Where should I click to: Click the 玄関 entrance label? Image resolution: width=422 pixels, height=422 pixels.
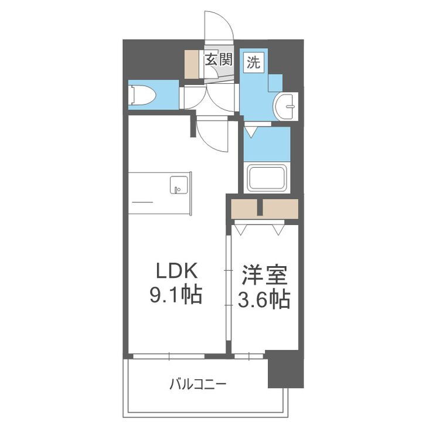tap(218, 59)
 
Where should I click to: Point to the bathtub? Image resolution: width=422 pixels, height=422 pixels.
tap(267, 178)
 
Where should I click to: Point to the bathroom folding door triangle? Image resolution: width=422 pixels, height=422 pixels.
tap(250, 132)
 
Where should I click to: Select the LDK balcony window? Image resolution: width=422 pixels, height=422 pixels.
tap(170, 355)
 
